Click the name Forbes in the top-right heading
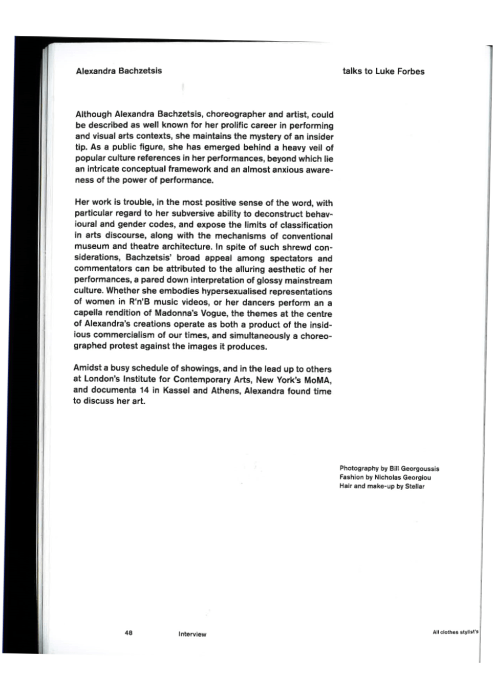click(x=410, y=72)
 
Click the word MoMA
click(x=318, y=380)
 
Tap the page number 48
click(x=128, y=633)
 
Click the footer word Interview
click(x=192, y=635)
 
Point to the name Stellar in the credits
click(x=415, y=487)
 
